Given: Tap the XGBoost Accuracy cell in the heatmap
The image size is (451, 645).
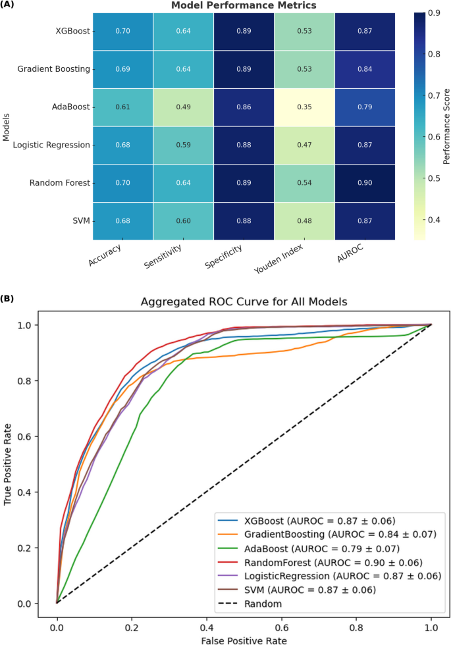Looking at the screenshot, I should coord(122,31).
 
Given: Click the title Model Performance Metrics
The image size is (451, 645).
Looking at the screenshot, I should coord(244,5).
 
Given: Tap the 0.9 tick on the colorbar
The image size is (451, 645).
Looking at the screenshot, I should coord(435,13).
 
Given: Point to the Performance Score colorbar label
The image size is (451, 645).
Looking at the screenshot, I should coord(446,125).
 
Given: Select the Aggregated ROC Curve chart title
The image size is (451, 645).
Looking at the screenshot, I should coord(244,302).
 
